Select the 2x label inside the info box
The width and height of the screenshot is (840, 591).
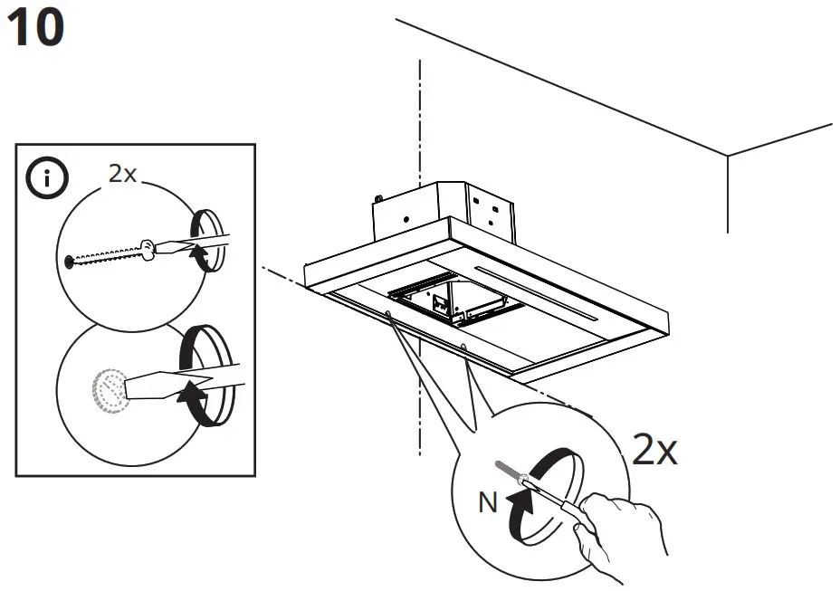(x=122, y=174)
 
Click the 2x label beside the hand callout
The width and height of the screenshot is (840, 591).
(x=654, y=449)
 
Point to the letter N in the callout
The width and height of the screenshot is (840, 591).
(x=488, y=503)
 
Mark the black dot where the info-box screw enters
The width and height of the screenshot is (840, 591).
(x=69, y=262)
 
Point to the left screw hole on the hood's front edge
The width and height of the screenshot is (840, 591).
(x=389, y=314)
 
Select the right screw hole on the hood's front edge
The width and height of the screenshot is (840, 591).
(x=464, y=346)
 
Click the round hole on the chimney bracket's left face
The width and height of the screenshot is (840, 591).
(x=406, y=219)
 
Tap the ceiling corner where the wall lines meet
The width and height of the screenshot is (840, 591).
(x=728, y=157)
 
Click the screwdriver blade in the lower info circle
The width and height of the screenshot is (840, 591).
(x=172, y=384)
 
